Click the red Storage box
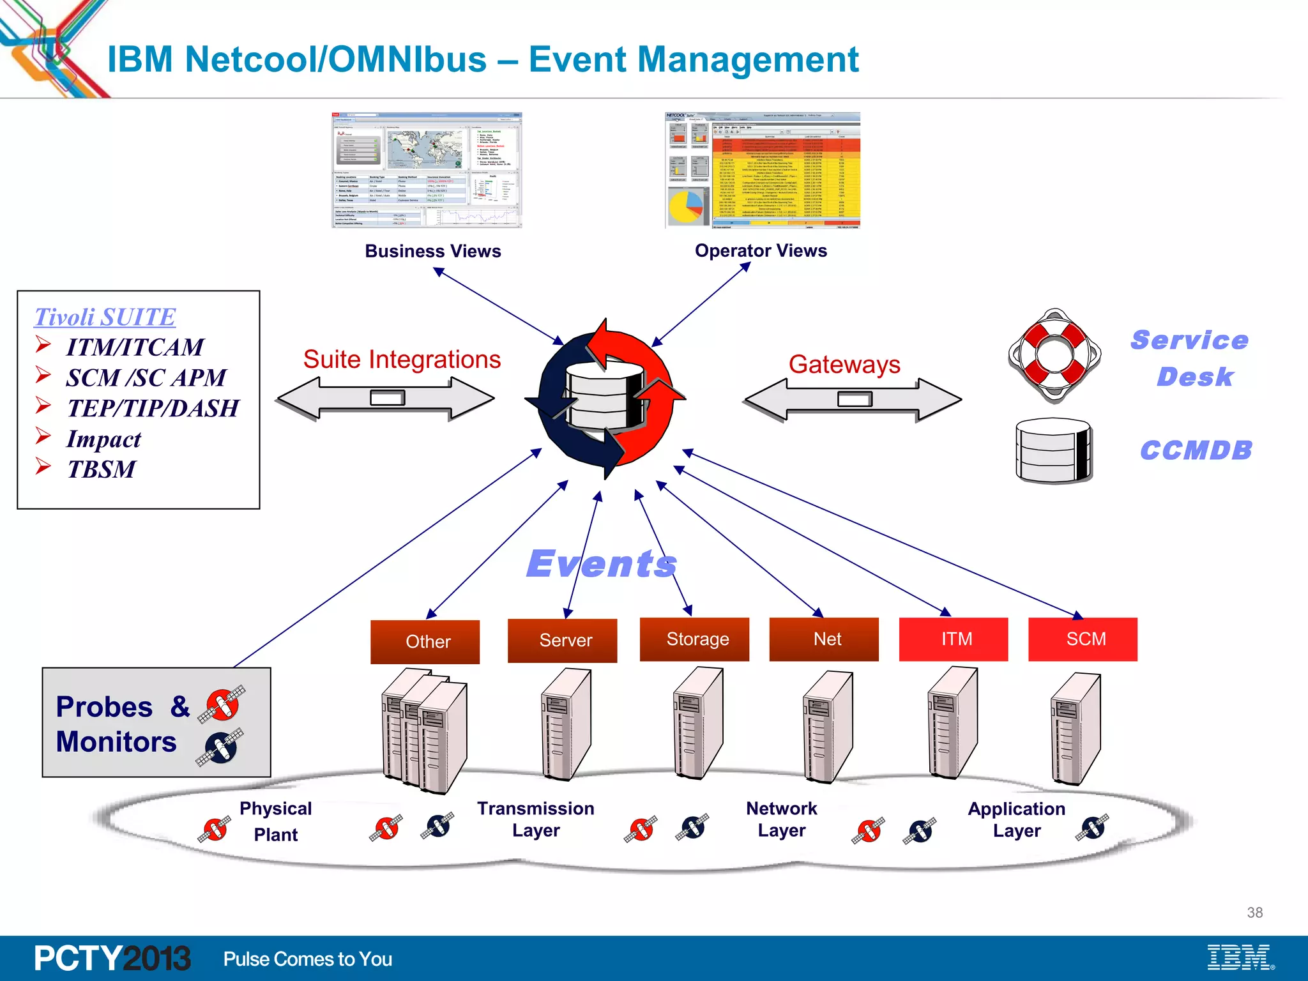tap(694, 639)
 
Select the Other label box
tap(425, 641)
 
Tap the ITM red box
tap(954, 639)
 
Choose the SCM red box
tap(1083, 639)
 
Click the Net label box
tap(824, 639)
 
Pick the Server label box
tap(563, 640)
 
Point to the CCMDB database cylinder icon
tap(1054, 450)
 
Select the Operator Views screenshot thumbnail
tap(763, 171)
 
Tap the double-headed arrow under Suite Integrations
tap(386, 399)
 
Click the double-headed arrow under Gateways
tap(853, 400)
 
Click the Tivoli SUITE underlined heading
tap(105, 317)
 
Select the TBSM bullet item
tap(102, 469)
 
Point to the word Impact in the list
tap(103, 439)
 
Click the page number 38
tap(1254, 913)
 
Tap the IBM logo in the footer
tap(1240, 957)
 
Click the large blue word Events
tap(602, 564)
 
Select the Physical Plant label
tap(276, 821)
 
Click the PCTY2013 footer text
tap(112, 958)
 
